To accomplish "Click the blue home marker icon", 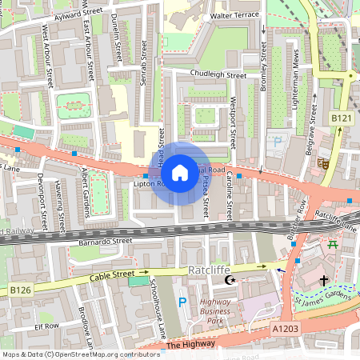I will pos(180,172).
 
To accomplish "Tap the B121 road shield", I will pos(341,118).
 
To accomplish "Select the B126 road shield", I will pos(19,289).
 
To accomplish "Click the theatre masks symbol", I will pos(322,162).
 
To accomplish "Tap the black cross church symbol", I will pos(324,281).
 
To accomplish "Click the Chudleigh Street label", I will pos(218,75).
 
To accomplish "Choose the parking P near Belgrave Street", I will pos(278,142).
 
